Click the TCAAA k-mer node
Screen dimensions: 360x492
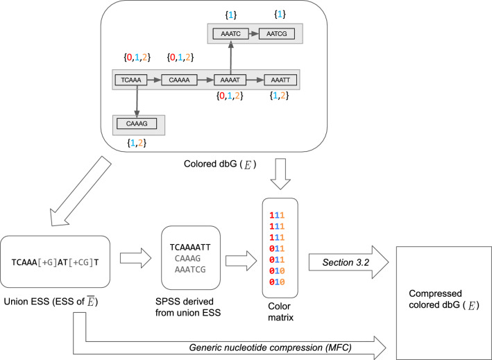pyautogui.click(x=130, y=80)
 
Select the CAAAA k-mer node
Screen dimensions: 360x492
pyautogui.click(x=180, y=80)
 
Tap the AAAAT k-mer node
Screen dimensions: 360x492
pyautogui.click(x=230, y=80)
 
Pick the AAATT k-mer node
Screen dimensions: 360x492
pyautogui.click(x=280, y=80)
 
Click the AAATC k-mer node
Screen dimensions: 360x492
pyautogui.click(x=230, y=33)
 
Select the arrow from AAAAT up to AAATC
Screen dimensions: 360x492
pyautogui.click(x=230, y=57)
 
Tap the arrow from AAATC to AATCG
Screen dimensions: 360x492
pyautogui.click(x=253, y=33)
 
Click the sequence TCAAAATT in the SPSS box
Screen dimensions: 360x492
pyautogui.click(x=191, y=246)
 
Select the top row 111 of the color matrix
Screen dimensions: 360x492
pyautogui.click(x=279, y=209)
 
